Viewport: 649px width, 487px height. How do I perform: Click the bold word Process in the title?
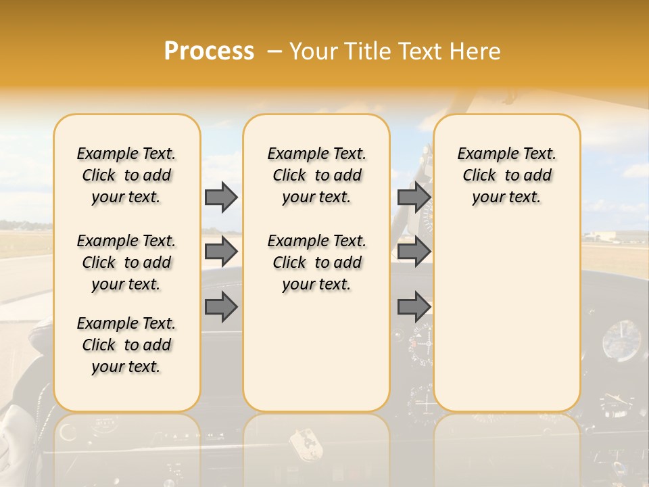click(209, 51)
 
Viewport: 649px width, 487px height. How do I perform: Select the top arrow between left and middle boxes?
click(221, 197)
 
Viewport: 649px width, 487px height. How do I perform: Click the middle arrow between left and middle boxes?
click(221, 252)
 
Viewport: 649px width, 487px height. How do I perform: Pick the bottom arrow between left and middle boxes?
click(221, 307)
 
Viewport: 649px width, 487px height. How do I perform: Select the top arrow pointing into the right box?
click(414, 197)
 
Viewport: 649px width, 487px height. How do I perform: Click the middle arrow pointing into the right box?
click(414, 252)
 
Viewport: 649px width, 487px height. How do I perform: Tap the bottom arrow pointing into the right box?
click(414, 307)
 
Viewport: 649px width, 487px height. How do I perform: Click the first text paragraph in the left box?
click(126, 175)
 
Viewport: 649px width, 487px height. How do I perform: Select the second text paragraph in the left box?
click(126, 262)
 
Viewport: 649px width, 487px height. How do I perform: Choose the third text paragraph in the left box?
click(126, 345)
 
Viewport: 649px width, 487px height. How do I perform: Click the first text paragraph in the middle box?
click(316, 175)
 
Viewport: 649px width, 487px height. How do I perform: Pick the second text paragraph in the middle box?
click(316, 262)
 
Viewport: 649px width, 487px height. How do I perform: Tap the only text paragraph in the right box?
click(506, 175)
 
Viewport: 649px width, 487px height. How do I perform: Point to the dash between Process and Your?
click(274, 51)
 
